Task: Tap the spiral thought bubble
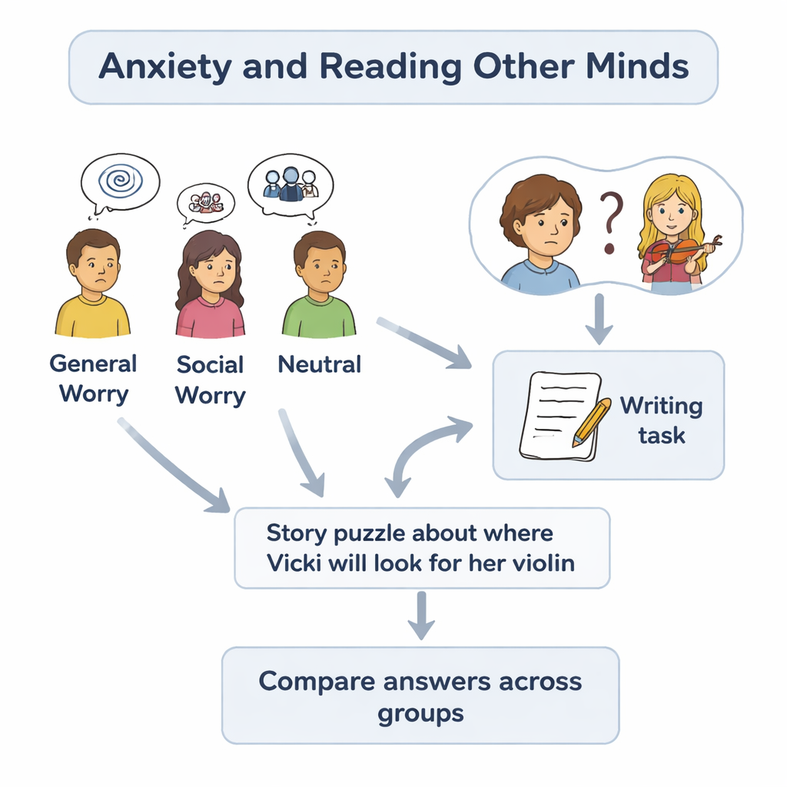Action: click(120, 181)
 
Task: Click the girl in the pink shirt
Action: click(210, 286)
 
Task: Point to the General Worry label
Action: click(93, 379)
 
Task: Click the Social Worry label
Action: click(210, 380)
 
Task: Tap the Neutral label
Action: click(319, 364)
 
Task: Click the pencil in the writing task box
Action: click(590, 422)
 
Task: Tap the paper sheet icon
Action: click(558, 415)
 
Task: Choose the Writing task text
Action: click(661, 420)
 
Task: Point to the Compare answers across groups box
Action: click(420, 696)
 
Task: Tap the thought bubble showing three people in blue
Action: click(291, 184)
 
